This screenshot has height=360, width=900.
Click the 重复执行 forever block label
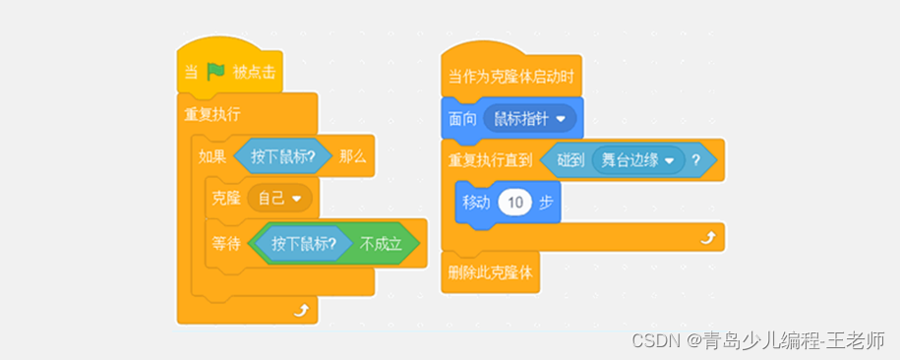click(212, 113)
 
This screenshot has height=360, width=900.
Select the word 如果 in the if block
click(212, 156)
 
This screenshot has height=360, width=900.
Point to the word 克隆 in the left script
click(225, 198)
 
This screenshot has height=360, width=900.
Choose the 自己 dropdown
click(279, 198)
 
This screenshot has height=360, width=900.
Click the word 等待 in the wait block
click(225, 242)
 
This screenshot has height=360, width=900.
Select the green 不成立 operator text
click(380, 242)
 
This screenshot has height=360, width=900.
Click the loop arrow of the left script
click(301, 311)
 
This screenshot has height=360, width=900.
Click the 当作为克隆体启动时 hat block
click(510, 76)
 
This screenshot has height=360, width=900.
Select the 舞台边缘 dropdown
click(636, 159)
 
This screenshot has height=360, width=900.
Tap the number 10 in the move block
click(514, 203)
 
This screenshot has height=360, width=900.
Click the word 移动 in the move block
click(475, 203)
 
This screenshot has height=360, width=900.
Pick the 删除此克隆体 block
click(490, 272)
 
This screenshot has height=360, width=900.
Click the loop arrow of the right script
click(705, 237)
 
